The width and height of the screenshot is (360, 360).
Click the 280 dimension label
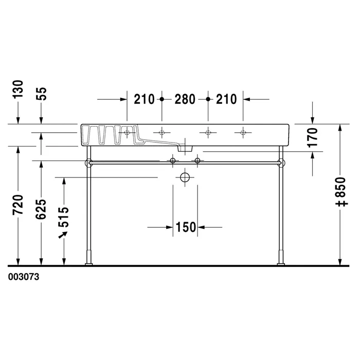185,99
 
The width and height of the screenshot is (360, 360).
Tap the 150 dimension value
186,227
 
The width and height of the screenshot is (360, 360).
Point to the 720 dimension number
18,205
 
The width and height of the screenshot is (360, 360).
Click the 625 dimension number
41,209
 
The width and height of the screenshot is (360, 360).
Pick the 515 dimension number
64,217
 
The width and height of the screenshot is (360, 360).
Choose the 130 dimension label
18,89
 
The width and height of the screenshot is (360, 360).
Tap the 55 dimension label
41,94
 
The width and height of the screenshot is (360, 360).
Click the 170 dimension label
313,137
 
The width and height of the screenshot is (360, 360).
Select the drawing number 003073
24,277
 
